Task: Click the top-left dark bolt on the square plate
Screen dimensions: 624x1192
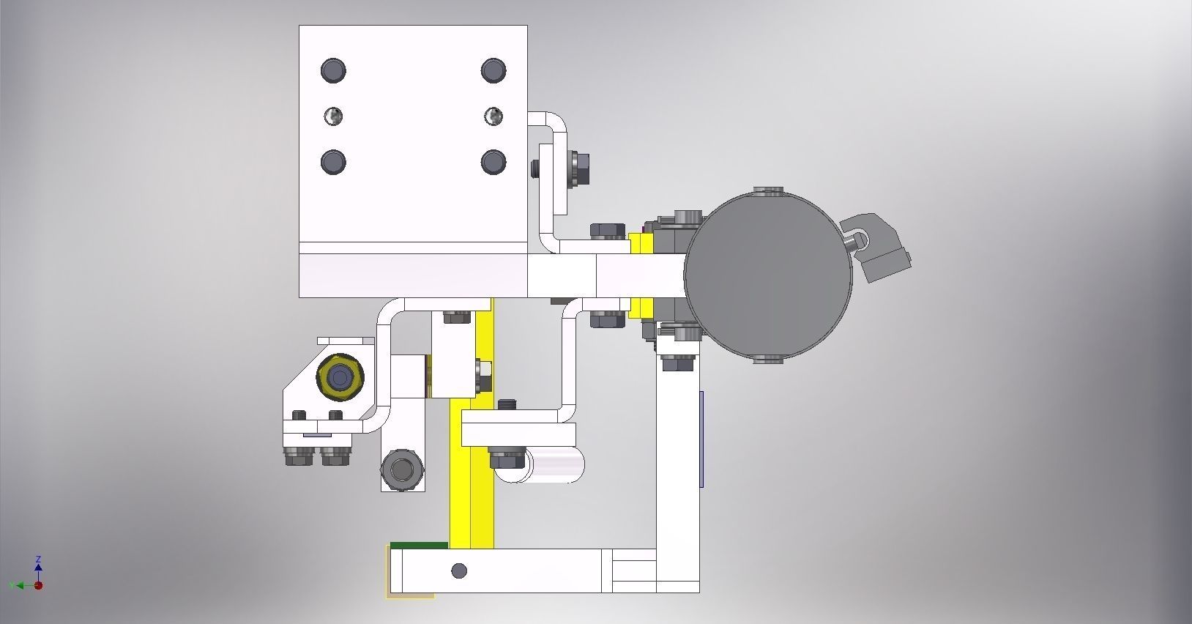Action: tap(333, 70)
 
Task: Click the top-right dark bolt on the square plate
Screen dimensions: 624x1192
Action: tap(493, 70)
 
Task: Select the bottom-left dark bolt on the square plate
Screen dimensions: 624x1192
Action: tap(333, 161)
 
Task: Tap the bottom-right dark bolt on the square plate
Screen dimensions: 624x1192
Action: tap(493, 161)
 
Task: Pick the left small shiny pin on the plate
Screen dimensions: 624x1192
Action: tap(333, 116)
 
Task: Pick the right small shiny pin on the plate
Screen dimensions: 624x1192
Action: tap(493, 116)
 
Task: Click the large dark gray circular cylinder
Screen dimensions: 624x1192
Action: tap(768, 275)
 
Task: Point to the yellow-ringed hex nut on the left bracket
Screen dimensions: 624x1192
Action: tap(340, 378)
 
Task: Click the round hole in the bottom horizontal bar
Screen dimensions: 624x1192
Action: tap(459, 571)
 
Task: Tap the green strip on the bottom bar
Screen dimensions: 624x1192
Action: tap(419, 546)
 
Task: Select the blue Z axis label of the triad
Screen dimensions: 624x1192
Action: tap(38, 559)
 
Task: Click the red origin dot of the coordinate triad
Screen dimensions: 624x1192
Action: tap(38, 585)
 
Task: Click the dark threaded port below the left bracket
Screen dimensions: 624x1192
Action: tap(402, 469)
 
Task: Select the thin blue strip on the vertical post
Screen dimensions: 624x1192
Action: tap(701, 439)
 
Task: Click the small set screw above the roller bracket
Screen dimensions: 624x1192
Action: tap(507, 404)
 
